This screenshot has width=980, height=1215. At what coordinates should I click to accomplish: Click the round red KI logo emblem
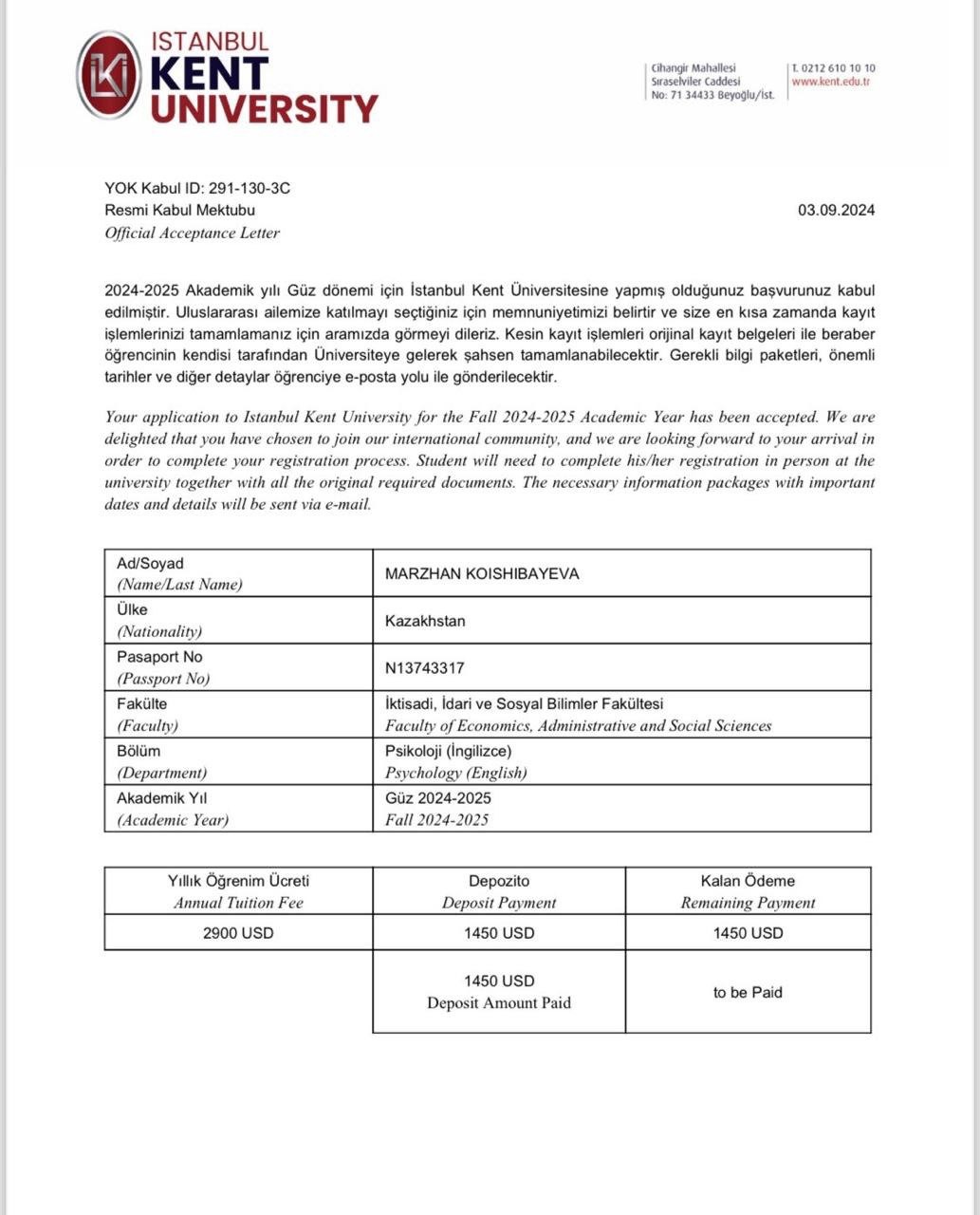click(x=108, y=75)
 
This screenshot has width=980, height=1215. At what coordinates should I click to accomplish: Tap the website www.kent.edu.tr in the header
click(x=831, y=83)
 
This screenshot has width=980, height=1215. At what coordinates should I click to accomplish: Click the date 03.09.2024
click(x=836, y=210)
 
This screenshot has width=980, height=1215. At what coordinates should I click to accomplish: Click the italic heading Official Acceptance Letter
click(x=192, y=233)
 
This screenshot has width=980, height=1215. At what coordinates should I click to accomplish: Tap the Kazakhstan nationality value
click(x=424, y=621)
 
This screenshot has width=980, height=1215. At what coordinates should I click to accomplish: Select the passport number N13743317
click(x=424, y=668)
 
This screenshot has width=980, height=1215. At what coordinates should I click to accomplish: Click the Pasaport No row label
click(x=159, y=657)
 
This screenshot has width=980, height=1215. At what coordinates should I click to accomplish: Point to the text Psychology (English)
click(x=455, y=773)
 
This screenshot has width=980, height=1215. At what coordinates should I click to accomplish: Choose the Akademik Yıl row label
click(x=161, y=798)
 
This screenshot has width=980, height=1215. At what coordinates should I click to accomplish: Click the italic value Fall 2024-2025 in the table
click(x=436, y=820)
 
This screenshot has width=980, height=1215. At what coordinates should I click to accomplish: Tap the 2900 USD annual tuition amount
click(x=238, y=933)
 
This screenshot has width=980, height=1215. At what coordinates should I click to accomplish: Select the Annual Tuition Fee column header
click(x=238, y=903)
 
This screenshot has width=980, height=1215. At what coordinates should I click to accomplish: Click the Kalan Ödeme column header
click(x=748, y=881)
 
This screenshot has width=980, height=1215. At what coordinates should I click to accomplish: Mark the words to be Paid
click(x=748, y=993)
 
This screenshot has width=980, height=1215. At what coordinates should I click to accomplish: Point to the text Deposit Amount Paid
click(x=499, y=1002)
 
